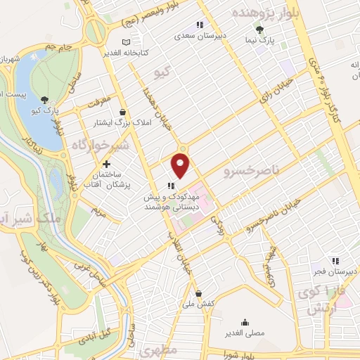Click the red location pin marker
point(181,167)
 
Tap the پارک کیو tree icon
point(46,99)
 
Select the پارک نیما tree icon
point(259,30)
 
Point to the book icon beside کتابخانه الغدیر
point(126,43)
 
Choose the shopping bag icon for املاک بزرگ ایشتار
point(122,112)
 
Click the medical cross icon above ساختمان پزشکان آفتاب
point(107,165)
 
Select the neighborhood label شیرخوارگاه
point(100,145)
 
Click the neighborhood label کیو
point(163,72)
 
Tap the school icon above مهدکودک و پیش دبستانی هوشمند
point(171,186)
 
